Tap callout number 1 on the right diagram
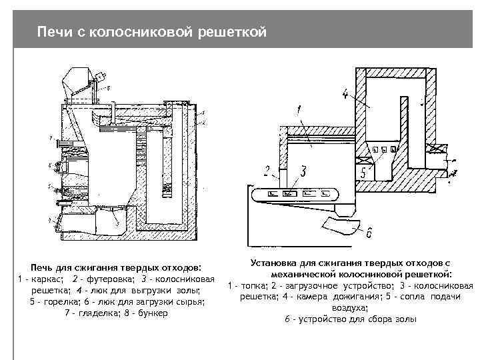[300, 109]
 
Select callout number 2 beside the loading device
[267, 170]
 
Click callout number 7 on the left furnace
[49, 137]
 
